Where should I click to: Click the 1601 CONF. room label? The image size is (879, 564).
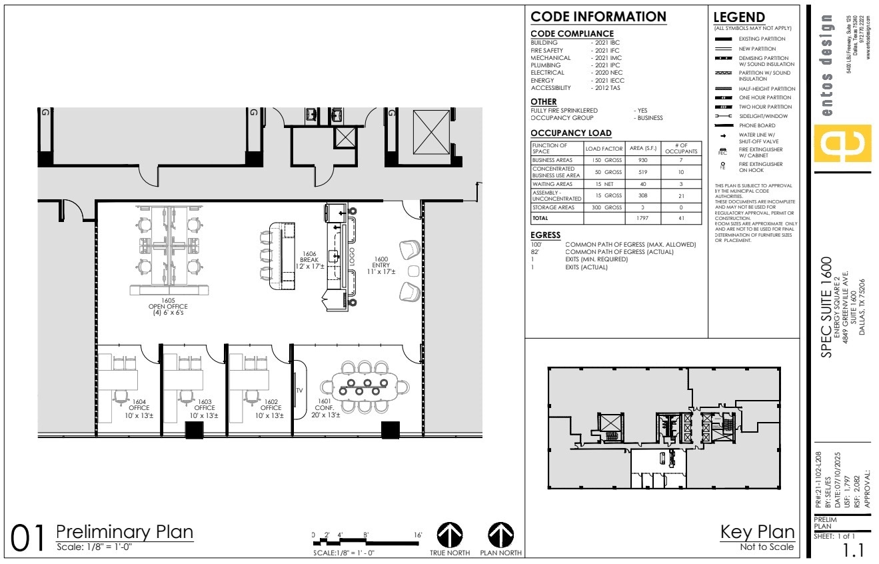[325, 407]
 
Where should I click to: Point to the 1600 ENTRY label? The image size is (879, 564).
[381, 265]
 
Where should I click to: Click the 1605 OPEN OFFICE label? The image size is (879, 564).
[161, 307]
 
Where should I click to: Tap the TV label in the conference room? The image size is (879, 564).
[299, 390]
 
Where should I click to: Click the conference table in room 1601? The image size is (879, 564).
[363, 386]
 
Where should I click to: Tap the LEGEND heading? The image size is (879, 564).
[739, 17]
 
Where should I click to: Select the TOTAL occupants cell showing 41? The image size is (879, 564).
[681, 217]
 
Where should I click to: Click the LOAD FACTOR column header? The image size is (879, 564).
[603, 149]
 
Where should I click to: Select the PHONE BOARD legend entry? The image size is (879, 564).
[756, 125]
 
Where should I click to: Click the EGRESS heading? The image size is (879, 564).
[545, 235]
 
